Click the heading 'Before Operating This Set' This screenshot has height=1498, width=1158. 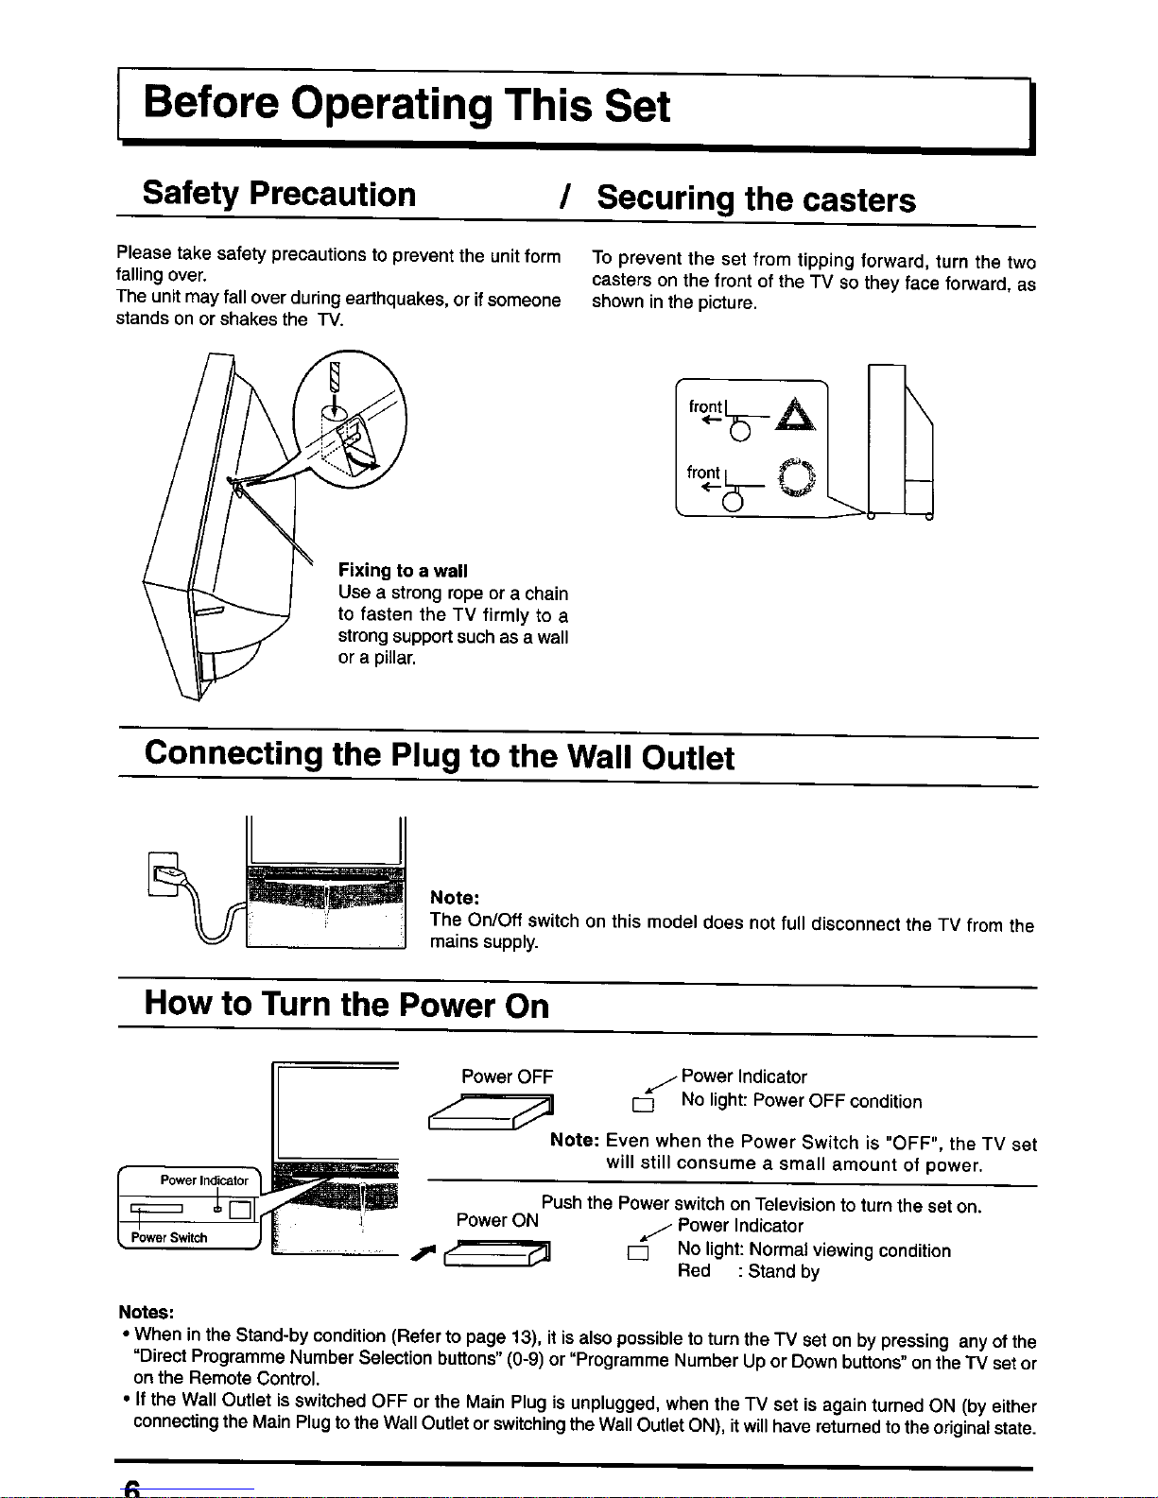click(x=406, y=106)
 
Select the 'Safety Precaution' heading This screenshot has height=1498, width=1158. click(x=279, y=194)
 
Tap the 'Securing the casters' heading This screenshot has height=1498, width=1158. click(x=755, y=199)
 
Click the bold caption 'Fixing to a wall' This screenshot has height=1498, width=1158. click(x=403, y=571)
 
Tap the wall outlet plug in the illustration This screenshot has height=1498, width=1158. click(x=167, y=872)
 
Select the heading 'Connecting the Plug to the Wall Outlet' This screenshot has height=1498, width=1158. click(x=439, y=756)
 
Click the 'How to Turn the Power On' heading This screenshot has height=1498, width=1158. click(x=346, y=1004)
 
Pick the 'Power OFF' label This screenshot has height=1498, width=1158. click(x=507, y=1076)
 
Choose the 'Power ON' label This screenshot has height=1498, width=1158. click(x=497, y=1220)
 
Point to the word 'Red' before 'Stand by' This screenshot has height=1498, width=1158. click(x=694, y=1272)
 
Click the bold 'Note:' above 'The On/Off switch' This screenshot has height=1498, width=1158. click(x=455, y=897)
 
